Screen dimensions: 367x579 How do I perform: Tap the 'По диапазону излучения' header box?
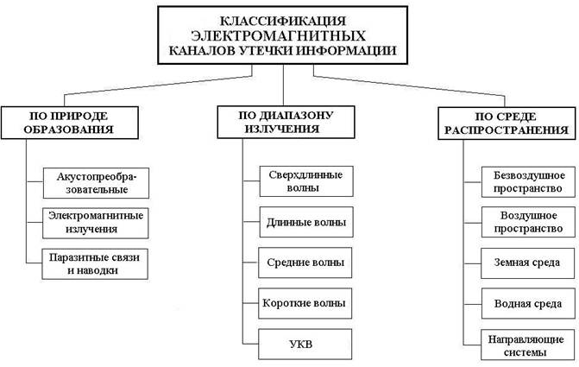[286, 121]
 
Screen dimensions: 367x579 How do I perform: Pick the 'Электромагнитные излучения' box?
[96, 222]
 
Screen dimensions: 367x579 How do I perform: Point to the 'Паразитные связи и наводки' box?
[95, 262]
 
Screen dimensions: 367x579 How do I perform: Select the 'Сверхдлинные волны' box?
[305, 180]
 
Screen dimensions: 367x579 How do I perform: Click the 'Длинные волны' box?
[305, 222]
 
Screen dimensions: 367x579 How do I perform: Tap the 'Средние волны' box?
[305, 262]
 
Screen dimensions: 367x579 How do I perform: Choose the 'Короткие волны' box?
[305, 302]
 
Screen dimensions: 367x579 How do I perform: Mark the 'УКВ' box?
[305, 343]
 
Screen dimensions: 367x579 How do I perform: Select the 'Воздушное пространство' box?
[526, 222]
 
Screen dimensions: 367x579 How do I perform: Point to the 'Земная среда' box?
[526, 263]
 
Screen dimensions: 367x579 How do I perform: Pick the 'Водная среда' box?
[526, 303]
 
